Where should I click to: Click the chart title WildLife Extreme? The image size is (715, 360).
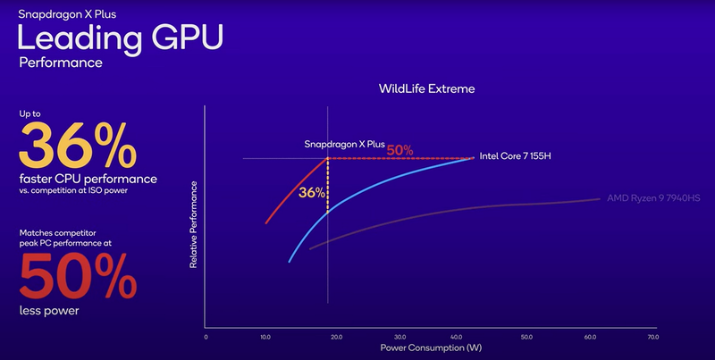click(426, 89)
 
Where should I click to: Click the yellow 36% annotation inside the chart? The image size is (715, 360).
click(311, 192)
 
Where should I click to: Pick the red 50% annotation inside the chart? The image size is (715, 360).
click(400, 149)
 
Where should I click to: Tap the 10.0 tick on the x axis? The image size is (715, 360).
click(265, 338)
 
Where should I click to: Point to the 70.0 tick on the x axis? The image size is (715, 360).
click(653, 338)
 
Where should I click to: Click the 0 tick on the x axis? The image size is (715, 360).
click(206, 338)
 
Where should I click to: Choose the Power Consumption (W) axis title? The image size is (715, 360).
click(426, 347)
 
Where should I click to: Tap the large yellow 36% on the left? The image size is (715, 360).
click(79, 146)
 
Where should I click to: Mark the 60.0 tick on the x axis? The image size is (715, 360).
click(591, 338)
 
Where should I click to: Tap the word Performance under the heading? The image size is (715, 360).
click(61, 64)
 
